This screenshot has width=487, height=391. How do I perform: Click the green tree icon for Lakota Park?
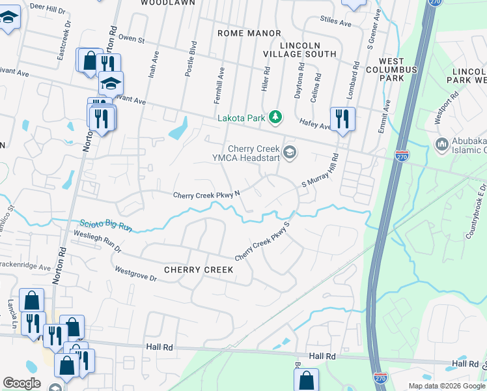[x=276, y=117]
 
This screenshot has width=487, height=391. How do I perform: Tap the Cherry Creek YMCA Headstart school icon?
[x=290, y=152]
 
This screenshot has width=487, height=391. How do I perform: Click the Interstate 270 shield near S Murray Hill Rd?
[x=402, y=156]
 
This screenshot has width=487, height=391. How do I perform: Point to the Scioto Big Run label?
[x=107, y=224]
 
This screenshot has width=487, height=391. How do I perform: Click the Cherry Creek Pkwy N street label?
[x=206, y=195]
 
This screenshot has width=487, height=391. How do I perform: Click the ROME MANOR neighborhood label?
[x=249, y=33]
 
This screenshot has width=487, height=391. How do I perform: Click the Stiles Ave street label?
[x=336, y=23]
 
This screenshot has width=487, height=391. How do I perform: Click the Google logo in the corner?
[x=21, y=383]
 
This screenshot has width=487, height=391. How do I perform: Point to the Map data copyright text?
[x=446, y=386]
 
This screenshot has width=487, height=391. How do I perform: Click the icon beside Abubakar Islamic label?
[x=442, y=143]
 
